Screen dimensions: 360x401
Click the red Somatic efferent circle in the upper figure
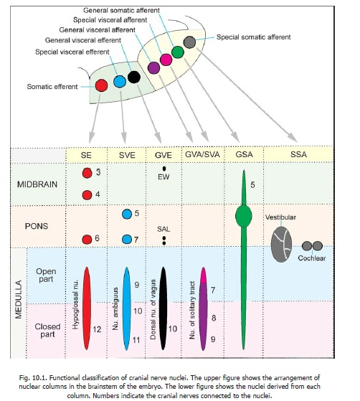coord(102,85)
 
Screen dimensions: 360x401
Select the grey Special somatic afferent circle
coord(190,42)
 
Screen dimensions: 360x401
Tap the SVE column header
coord(127,155)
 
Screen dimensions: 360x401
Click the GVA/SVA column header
coord(202,154)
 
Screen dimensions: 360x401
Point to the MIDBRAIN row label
coord(37,184)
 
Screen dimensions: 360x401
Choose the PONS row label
coord(37,226)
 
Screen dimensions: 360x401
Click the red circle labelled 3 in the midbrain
coord(87,173)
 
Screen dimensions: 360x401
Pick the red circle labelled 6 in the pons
coord(87,240)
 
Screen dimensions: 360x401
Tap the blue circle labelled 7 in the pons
coord(127,240)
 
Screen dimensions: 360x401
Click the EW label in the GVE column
coord(164,177)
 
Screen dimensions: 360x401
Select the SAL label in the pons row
coord(164,229)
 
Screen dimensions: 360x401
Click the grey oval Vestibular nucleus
coord(281,244)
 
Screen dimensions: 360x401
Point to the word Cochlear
coord(312,258)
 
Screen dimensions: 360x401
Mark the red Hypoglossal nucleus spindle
coord(87,308)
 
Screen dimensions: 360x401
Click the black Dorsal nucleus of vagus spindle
coord(163,308)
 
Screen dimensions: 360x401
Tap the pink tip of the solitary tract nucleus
coord(203,275)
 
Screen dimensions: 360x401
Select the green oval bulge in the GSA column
coord(244,216)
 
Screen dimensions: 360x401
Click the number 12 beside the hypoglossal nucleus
coord(97,329)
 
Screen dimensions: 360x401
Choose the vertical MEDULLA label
coord(18,299)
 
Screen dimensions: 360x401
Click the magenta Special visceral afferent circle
coord(166,60)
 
